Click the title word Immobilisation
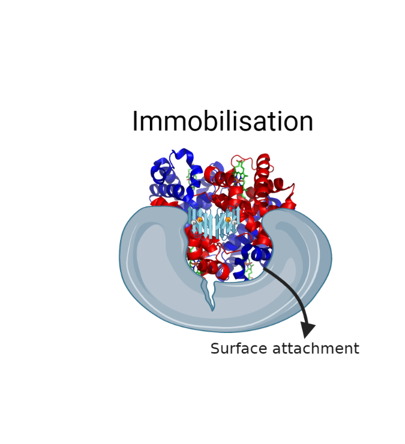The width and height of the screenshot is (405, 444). point(223,121)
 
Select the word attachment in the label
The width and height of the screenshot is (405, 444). point(316,348)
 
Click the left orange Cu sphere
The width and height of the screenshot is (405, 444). point(200,220)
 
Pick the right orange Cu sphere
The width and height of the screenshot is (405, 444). point(228,220)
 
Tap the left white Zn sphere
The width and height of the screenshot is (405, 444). point(194,223)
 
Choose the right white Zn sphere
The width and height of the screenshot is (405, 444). point(235,223)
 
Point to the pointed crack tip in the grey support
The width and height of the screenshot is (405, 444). point(212,310)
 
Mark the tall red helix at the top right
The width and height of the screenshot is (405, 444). point(263,176)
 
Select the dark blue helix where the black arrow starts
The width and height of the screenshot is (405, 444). point(256,253)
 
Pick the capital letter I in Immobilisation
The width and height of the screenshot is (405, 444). point(135,121)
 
